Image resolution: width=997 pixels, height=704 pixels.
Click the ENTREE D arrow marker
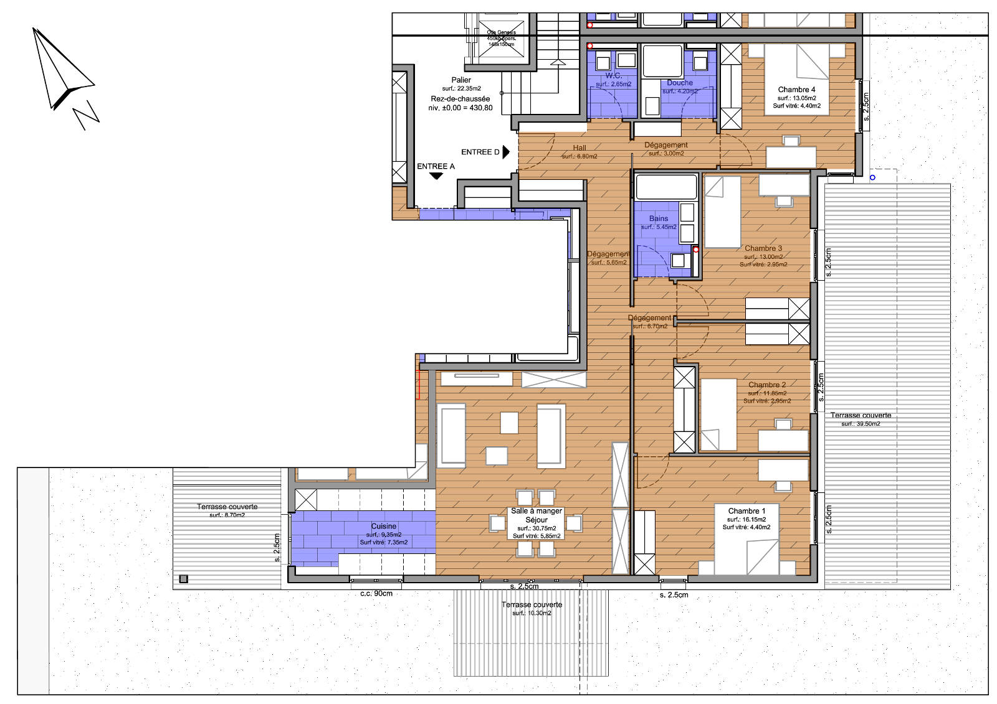pyautogui.click(x=506, y=152)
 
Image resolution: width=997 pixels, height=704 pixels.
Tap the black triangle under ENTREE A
pyautogui.click(x=436, y=176)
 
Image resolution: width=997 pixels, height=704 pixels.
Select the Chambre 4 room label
pyautogui.click(x=796, y=90)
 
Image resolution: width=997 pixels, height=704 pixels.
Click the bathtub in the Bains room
pyautogui.click(x=665, y=186)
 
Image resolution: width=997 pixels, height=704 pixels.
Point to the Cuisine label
pyautogui.click(x=384, y=526)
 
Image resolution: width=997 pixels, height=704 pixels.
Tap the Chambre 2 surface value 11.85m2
pyautogui.click(x=767, y=393)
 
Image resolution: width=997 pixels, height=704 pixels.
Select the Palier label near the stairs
pyautogui.click(x=461, y=80)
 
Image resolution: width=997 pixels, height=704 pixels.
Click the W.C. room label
pyautogui.click(x=613, y=75)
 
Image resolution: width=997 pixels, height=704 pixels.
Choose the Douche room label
pyautogui.click(x=679, y=83)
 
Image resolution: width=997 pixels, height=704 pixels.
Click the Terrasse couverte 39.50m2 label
pyautogui.click(x=861, y=415)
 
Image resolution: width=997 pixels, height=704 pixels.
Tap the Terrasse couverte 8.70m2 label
pyautogui.click(x=227, y=507)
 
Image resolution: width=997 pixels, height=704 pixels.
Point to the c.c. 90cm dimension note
pyautogui.click(x=376, y=594)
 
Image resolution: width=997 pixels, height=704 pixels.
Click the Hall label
pyautogui.click(x=580, y=148)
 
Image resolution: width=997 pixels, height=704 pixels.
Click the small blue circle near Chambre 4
pyautogui.click(x=872, y=177)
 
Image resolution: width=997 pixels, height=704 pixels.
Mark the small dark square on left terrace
pyautogui.click(x=183, y=579)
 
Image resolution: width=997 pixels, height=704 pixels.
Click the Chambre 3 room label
pyautogui.click(x=763, y=248)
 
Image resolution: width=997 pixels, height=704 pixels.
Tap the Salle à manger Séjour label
pyautogui.click(x=537, y=515)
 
